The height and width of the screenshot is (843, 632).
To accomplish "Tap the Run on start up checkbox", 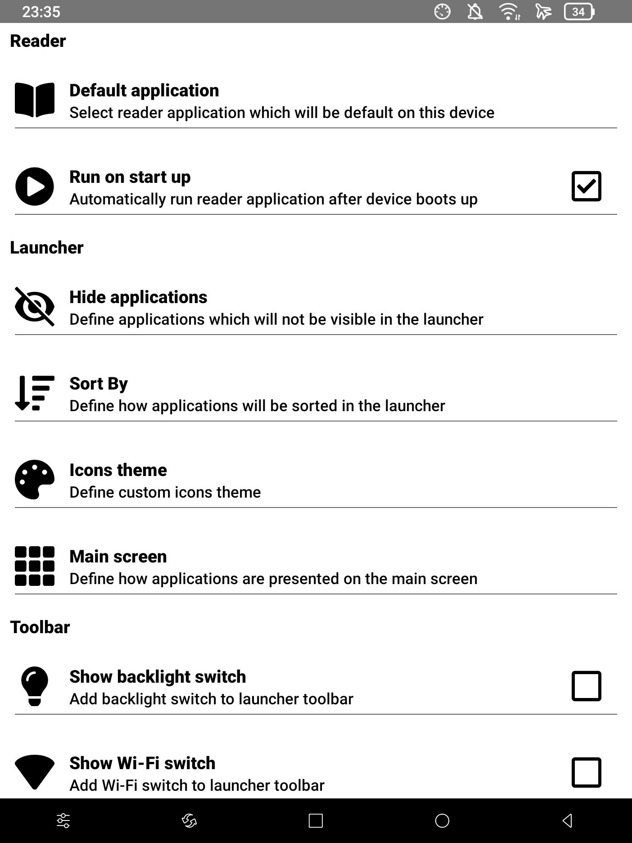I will click(x=586, y=186).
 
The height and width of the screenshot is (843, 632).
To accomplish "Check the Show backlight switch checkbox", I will click(x=586, y=686).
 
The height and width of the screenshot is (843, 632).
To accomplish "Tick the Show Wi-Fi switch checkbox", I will click(x=586, y=772).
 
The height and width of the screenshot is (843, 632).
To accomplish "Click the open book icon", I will click(x=35, y=100).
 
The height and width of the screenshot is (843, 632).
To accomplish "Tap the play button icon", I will click(x=35, y=186).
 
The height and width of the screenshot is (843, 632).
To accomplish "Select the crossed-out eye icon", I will click(x=35, y=307).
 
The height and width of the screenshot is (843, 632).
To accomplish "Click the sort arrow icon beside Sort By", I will click(x=35, y=393).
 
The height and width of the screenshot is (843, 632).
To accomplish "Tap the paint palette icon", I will click(x=35, y=479).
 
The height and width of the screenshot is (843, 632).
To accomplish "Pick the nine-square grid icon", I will click(x=35, y=566).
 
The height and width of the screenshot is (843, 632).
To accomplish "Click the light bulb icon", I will click(x=35, y=686).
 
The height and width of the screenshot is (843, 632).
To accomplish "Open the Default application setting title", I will click(x=144, y=91).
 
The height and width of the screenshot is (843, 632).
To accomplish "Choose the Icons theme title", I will click(x=118, y=470).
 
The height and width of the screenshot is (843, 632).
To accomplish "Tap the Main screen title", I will click(x=118, y=557).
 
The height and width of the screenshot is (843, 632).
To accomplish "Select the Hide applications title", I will click(x=138, y=297).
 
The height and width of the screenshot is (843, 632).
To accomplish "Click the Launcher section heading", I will click(x=47, y=248).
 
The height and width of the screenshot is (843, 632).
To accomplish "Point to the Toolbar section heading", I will click(x=40, y=627).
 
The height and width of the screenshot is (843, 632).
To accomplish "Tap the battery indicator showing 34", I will click(x=579, y=12).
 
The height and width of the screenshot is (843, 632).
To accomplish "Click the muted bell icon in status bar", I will click(x=475, y=12).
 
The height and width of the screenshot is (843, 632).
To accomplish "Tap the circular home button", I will click(x=442, y=820).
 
